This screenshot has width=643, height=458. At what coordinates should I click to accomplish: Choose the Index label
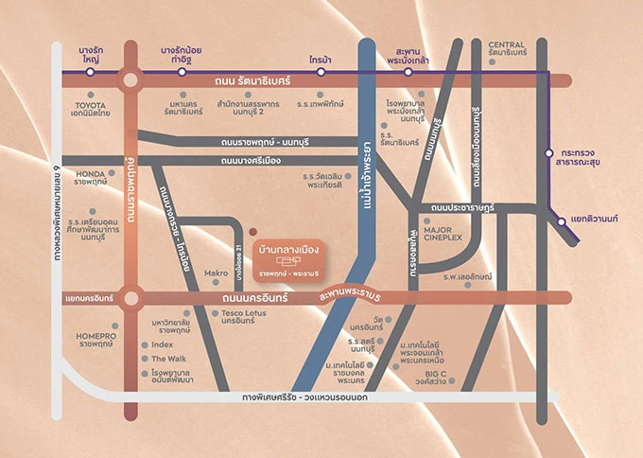point(162,344)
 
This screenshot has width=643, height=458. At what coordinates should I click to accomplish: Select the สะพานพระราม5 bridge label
point(356,300)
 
